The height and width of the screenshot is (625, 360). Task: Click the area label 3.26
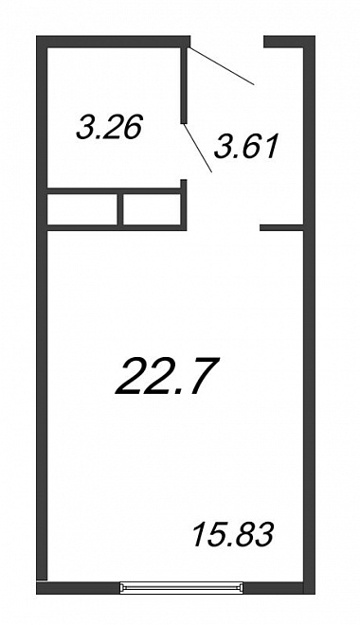(x=109, y=128)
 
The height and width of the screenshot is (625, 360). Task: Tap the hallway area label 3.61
(x=245, y=146)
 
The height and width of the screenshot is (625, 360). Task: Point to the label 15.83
(x=233, y=534)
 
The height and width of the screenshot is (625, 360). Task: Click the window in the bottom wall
(x=181, y=588)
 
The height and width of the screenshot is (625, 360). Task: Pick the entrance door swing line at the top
(x=222, y=66)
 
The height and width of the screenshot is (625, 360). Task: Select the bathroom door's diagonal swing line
(x=197, y=148)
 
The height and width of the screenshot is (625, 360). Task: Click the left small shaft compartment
(x=82, y=209)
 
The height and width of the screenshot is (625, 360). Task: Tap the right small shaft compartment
(x=152, y=209)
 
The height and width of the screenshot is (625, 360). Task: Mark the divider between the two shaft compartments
(x=120, y=209)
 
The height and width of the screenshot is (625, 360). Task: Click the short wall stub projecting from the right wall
(x=282, y=227)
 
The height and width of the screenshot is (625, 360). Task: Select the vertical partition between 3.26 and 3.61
(x=184, y=85)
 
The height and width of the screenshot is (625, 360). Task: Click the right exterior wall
(x=310, y=315)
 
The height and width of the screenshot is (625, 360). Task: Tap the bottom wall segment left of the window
(x=78, y=588)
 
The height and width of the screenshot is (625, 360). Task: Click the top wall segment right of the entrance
(x=290, y=42)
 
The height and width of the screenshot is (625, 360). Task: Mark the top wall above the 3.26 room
(x=114, y=42)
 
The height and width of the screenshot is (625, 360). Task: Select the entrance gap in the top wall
(x=227, y=42)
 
